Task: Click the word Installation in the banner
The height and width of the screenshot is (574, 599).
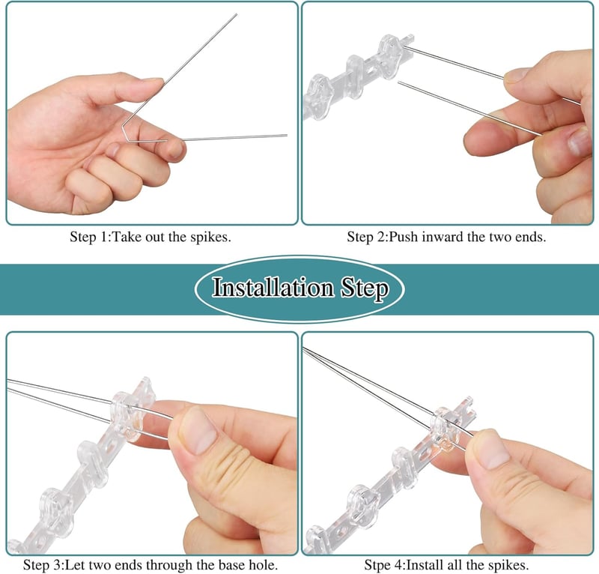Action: click(273, 288)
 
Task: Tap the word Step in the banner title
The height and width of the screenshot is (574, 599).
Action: click(365, 288)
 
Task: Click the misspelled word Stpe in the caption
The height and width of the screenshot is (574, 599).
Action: click(381, 565)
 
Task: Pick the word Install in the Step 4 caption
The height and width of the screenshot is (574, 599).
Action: click(425, 564)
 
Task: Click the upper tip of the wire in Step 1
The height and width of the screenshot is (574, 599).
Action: click(236, 14)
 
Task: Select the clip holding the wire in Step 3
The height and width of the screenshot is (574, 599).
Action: click(125, 416)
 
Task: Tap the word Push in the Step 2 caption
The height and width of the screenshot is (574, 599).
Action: click(404, 237)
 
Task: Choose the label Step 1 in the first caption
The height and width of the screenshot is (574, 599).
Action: click(90, 237)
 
